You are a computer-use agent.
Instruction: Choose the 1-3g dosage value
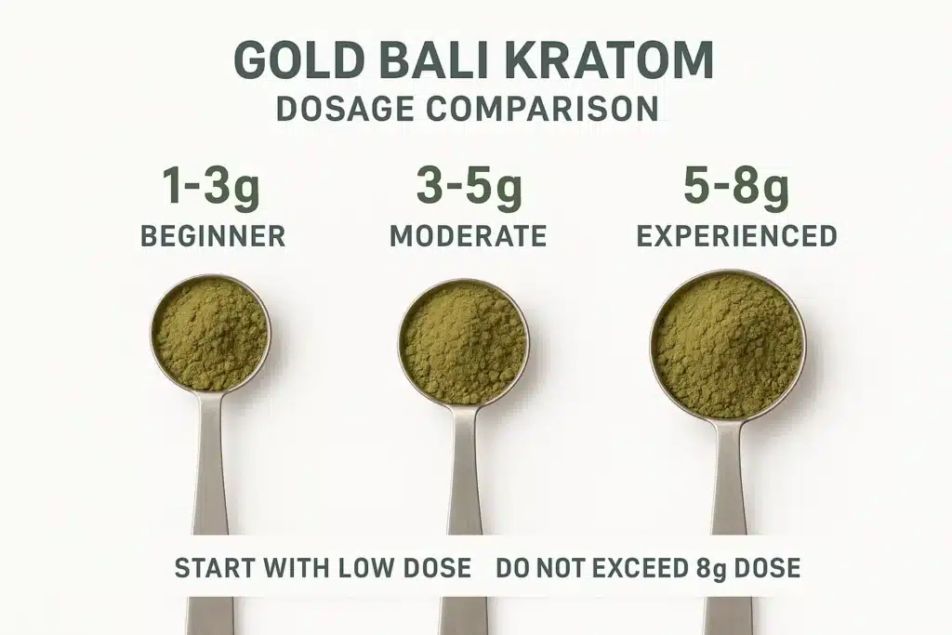(211, 187)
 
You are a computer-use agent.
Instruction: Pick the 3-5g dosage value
(469, 187)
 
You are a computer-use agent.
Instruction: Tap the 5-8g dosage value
(736, 187)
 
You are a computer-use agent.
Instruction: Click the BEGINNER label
(213, 235)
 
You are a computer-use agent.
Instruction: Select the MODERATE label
(468, 235)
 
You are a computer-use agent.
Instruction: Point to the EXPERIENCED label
(736, 235)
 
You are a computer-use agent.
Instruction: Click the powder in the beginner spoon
(210, 333)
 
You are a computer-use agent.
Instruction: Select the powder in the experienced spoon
(727, 345)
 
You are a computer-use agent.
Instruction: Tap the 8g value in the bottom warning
(712, 568)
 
